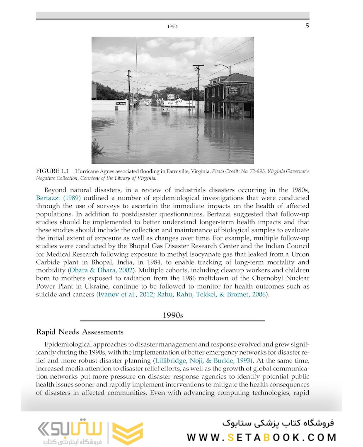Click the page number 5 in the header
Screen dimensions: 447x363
(x=307, y=26)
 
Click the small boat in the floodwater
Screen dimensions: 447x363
(x=165, y=111)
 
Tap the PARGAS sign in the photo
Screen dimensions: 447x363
(x=121, y=103)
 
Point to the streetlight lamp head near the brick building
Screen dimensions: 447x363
(x=216, y=65)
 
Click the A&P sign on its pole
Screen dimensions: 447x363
(x=171, y=97)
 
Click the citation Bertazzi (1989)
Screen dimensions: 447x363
(x=58, y=198)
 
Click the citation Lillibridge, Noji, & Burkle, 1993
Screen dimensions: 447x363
(x=202, y=360)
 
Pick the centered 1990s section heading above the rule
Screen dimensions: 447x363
(x=172, y=315)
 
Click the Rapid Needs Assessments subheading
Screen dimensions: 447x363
(x=80, y=332)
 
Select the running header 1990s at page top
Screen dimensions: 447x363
(x=172, y=26)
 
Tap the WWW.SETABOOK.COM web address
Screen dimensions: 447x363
(x=261, y=437)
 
